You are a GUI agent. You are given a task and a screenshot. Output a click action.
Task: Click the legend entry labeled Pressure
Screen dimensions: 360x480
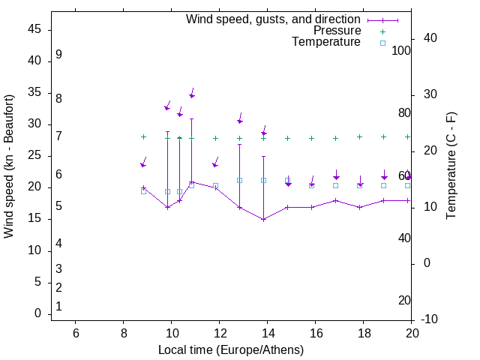(337, 31)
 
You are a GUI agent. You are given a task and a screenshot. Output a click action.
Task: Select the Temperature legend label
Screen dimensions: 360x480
(326, 43)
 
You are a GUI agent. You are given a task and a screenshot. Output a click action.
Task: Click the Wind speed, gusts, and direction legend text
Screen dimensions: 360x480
(274, 19)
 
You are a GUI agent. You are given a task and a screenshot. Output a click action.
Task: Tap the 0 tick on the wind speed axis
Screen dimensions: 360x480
(38, 314)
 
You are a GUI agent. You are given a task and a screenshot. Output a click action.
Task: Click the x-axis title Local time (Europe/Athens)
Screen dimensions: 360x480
(231, 349)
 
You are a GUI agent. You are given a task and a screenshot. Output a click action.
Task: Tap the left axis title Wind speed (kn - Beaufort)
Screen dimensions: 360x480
(9, 166)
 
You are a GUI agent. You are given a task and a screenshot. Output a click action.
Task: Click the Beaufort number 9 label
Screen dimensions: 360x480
(58, 55)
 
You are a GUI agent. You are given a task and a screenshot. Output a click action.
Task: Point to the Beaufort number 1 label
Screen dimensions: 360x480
(58, 306)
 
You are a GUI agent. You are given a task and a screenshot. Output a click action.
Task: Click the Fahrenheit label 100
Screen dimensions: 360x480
(402, 51)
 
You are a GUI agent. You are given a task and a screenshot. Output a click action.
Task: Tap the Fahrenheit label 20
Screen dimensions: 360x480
(404, 300)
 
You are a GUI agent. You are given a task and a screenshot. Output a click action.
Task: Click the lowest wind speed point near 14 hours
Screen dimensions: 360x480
(264, 219)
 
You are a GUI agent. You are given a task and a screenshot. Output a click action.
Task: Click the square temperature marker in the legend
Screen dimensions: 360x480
(382, 43)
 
